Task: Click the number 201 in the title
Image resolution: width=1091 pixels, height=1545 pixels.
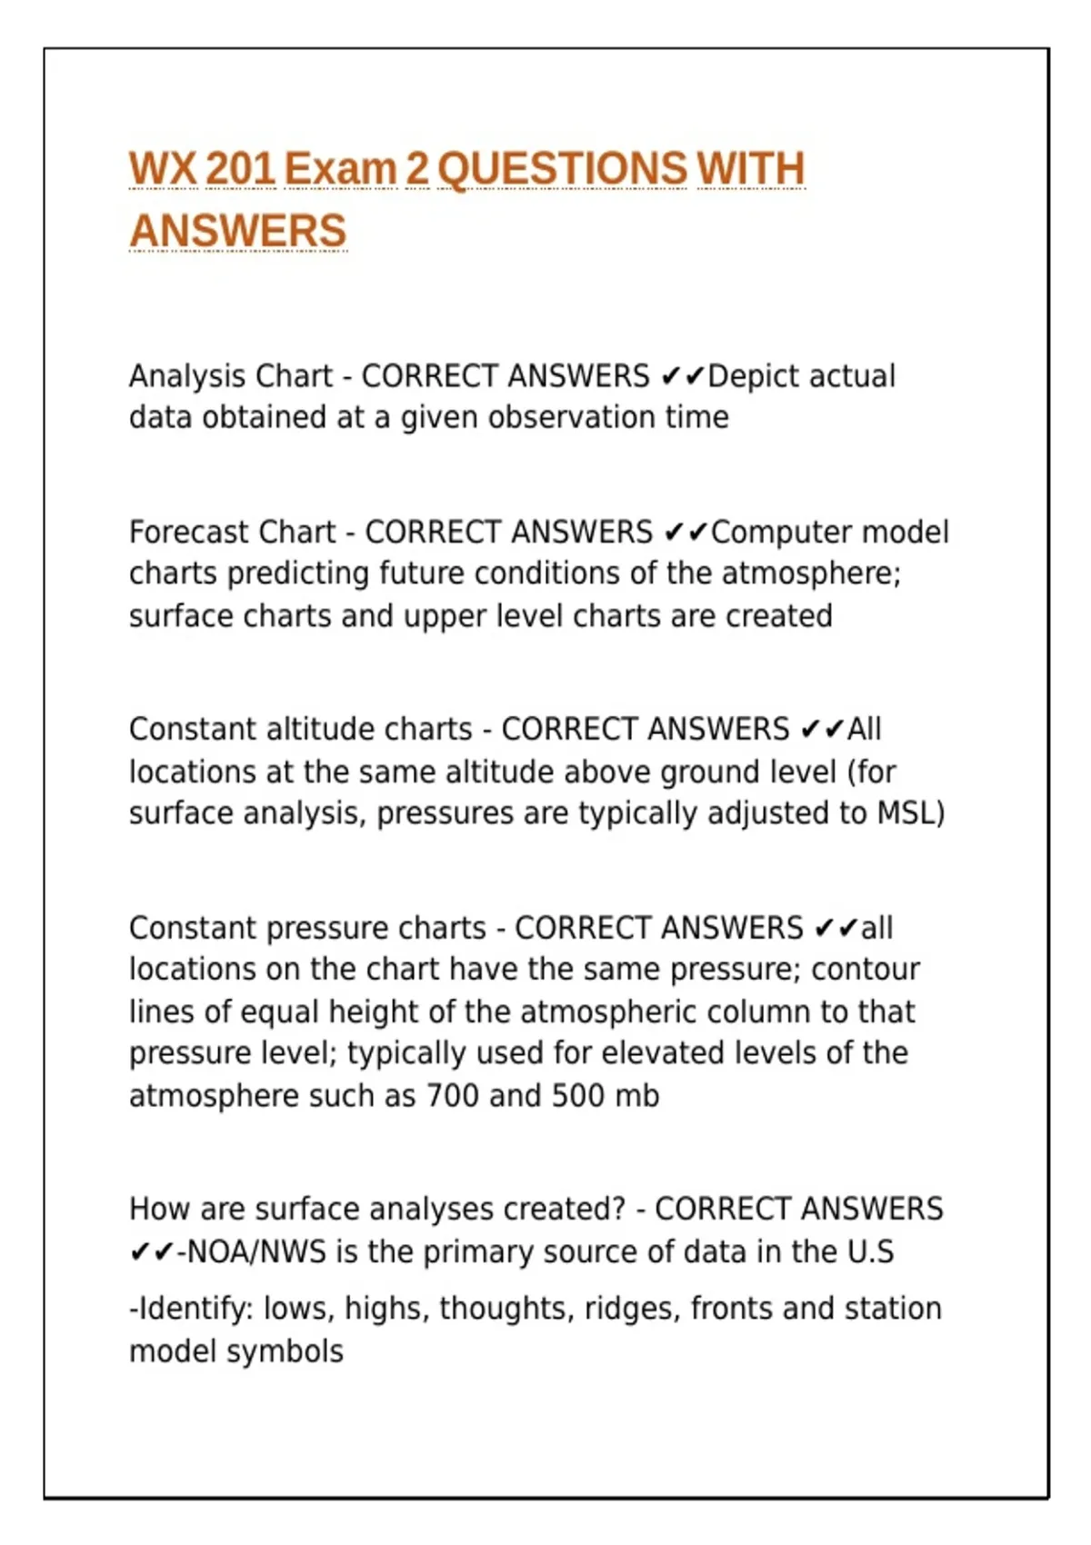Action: [240, 169]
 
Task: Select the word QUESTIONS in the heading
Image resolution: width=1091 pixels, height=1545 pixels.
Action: [562, 169]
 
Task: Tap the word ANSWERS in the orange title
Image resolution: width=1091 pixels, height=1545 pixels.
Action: [238, 230]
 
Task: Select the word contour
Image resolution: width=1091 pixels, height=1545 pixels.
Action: [865, 970]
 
